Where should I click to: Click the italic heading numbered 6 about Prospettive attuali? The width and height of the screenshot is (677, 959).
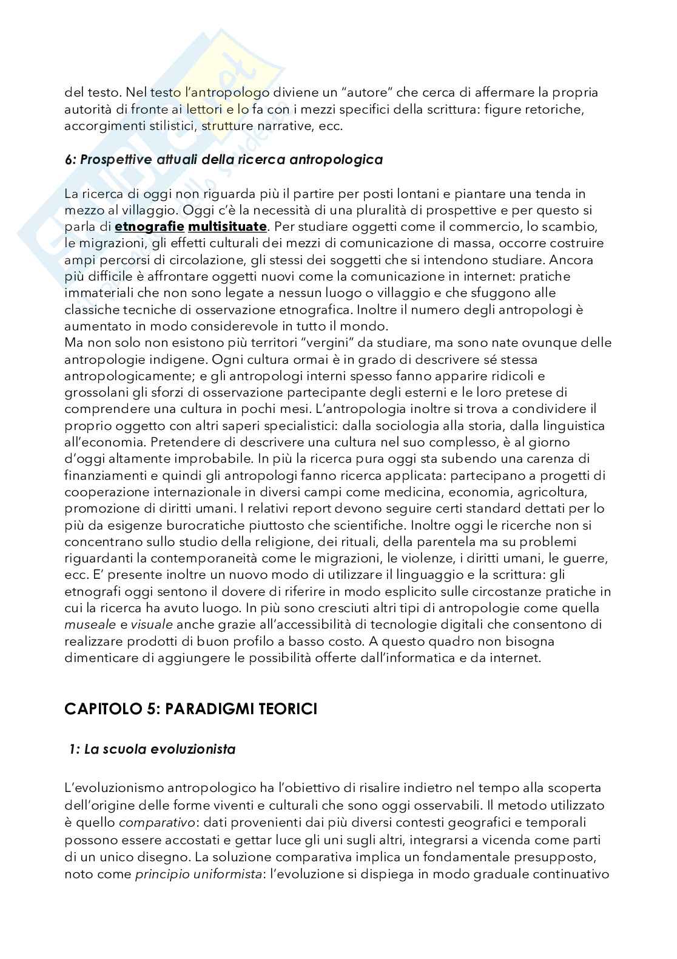point(223,160)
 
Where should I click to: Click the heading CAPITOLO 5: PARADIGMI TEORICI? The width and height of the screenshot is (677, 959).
point(191,709)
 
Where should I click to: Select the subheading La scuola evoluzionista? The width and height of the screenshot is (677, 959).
point(153,749)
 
